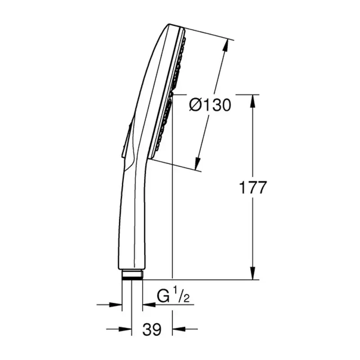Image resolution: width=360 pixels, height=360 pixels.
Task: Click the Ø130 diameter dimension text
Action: (x=210, y=105)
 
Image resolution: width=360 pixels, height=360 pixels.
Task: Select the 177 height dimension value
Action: (x=252, y=187)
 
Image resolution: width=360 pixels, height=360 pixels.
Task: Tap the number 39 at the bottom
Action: (x=152, y=329)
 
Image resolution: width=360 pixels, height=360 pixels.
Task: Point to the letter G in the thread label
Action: (x=163, y=297)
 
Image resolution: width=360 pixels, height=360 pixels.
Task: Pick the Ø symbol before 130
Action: (x=195, y=105)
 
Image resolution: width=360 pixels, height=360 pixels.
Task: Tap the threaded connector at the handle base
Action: (x=132, y=274)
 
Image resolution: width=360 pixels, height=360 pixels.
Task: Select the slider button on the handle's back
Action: (x=127, y=139)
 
